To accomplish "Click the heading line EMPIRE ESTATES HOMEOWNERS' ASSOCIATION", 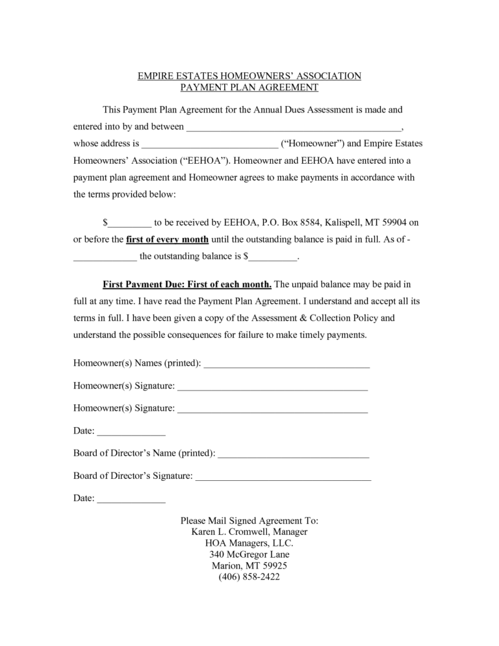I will (249, 76).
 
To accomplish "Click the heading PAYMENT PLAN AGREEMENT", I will (249, 87).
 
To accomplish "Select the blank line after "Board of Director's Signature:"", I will (283, 476).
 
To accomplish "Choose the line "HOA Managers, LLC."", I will (249, 543).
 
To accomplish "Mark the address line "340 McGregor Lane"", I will (249, 554).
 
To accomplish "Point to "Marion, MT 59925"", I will (249, 565).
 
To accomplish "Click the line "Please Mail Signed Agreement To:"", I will (249, 521).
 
